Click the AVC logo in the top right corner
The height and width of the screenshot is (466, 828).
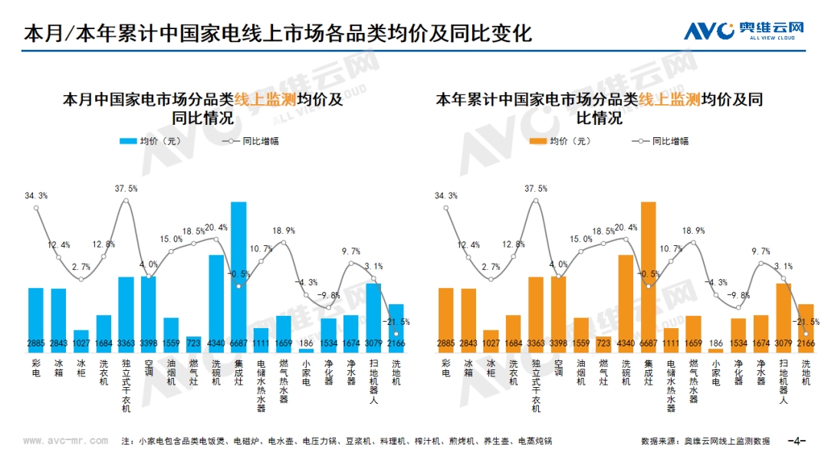pos(744,31)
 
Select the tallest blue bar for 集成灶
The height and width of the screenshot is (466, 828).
pos(238,276)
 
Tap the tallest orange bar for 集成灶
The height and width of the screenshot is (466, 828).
pos(649,276)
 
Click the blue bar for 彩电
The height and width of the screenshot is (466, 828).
pos(36,318)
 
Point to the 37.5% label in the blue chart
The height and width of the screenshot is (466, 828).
pos(126,189)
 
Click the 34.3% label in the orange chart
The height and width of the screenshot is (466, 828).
pos(446,196)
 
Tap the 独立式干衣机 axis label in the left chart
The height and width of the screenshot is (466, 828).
pos(126,386)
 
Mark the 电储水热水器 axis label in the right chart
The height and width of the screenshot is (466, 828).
pos(672,386)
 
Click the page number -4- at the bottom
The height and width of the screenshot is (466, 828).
pos(798,441)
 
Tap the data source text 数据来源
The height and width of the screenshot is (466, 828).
pos(705,441)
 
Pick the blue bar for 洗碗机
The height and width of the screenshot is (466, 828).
pos(215,303)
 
